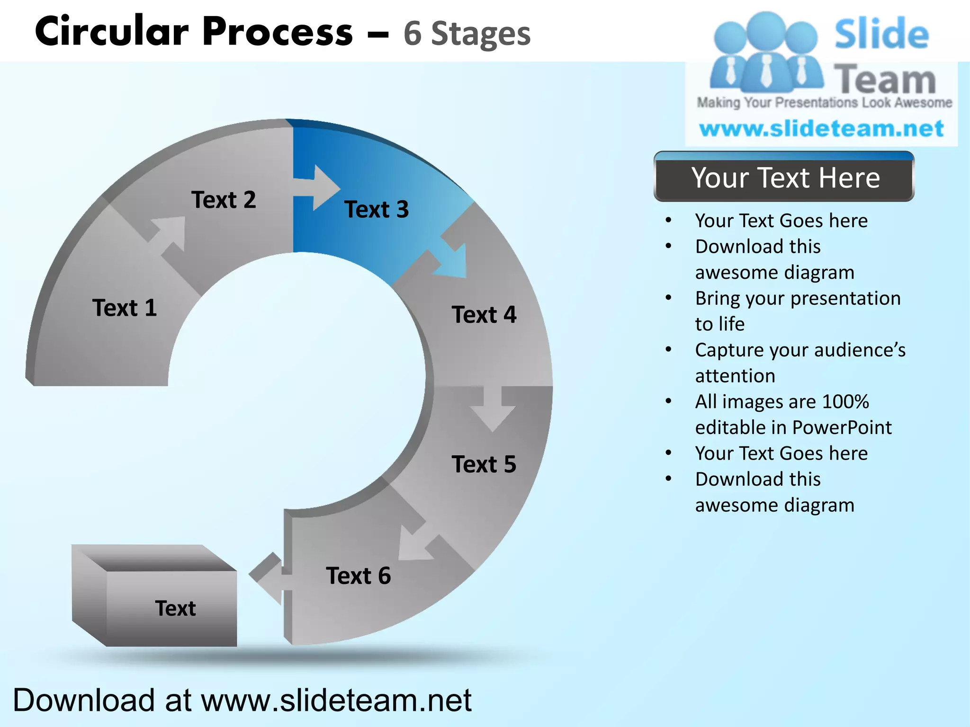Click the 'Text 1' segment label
click(125, 308)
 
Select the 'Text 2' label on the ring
click(224, 200)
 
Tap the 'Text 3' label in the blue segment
click(377, 210)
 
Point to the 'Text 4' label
click(484, 315)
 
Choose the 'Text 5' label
click(484, 464)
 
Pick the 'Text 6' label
click(359, 576)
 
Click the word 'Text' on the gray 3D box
click(175, 609)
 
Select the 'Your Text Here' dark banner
click(784, 178)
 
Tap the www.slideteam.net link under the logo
click(821, 129)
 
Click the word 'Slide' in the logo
click(881, 34)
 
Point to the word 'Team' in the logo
click(885, 80)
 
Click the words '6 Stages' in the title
click(467, 34)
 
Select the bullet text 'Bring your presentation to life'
click(798, 311)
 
